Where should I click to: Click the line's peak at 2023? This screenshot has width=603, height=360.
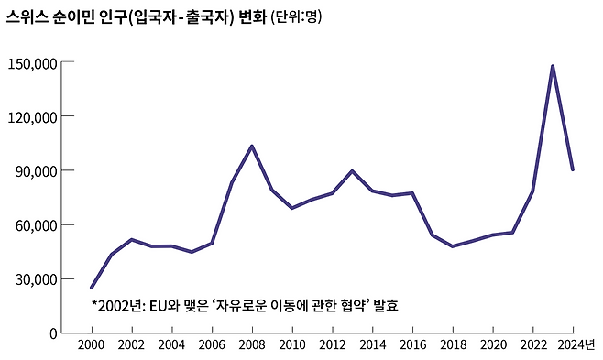(553, 66)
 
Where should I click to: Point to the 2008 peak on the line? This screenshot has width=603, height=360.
(252, 146)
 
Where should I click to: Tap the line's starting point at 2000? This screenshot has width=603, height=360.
(92, 288)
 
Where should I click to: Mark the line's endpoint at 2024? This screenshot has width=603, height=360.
(573, 169)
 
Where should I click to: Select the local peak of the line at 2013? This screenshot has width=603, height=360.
(352, 171)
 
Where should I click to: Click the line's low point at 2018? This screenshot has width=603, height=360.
(453, 246)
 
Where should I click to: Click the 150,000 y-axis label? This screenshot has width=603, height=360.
(33, 63)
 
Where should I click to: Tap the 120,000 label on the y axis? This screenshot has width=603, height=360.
(33, 117)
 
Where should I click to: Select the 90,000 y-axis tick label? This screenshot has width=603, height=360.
(37, 171)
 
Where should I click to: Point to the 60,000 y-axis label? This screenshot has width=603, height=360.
(37, 225)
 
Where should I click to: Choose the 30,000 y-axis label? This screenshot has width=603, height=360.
(37, 279)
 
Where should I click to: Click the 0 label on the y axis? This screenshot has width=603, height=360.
(53, 333)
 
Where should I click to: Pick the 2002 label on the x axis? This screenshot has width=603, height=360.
(132, 344)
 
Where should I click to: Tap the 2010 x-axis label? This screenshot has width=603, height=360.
(292, 344)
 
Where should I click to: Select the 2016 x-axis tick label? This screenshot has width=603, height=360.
(412, 344)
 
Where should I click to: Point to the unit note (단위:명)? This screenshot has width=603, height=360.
(296, 16)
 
